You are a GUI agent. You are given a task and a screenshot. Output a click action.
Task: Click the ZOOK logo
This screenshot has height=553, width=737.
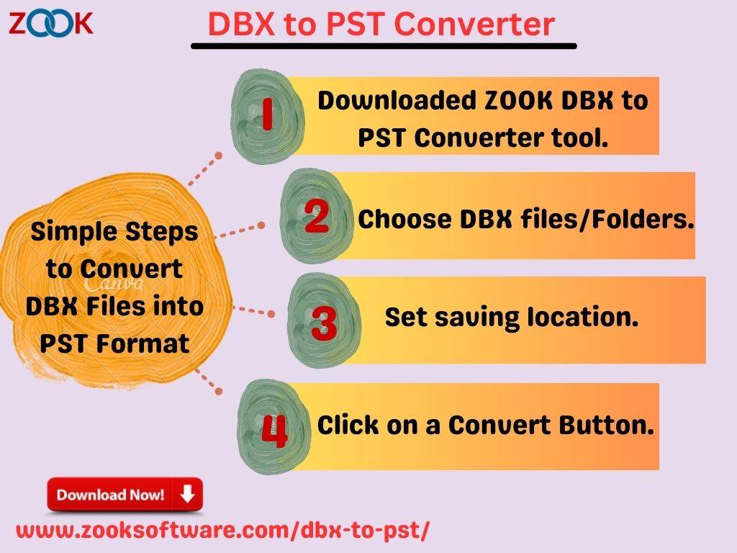tap(51, 24)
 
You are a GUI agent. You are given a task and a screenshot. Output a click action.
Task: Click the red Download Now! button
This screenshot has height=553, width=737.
tap(125, 494)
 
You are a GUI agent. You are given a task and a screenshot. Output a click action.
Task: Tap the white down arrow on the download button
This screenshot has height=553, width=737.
tap(188, 494)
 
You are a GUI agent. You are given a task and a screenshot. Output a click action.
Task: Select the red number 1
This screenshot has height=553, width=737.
tap(267, 114)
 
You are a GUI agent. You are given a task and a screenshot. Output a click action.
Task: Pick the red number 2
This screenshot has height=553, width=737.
tap(317, 216)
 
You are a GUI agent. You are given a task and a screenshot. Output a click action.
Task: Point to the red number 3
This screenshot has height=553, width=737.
tap(324, 323)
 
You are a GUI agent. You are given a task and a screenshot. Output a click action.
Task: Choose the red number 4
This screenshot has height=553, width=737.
tap(274, 431)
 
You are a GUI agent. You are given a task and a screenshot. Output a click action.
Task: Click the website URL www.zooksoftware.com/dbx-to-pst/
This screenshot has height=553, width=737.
tap(222, 531)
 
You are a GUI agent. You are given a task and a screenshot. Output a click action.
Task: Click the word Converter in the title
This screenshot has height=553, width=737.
tap(474, 24)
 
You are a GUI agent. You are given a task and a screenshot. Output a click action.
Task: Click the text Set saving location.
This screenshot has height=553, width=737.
tap(512, 317)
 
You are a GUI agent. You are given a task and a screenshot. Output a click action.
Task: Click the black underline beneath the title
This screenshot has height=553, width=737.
tap(384, 46)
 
